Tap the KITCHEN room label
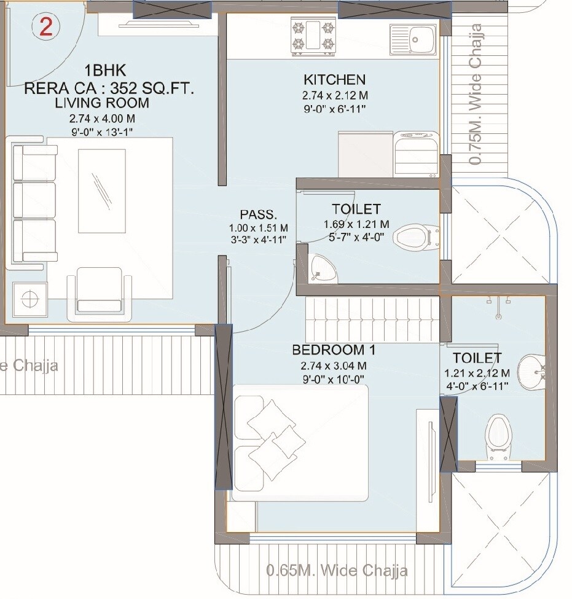click(334, 80)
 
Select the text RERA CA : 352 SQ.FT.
click(109, 88)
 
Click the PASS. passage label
click(258, 215)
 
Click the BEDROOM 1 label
click(334, 351)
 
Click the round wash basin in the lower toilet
click(529, 372)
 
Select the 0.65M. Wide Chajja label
click(337, 570)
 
